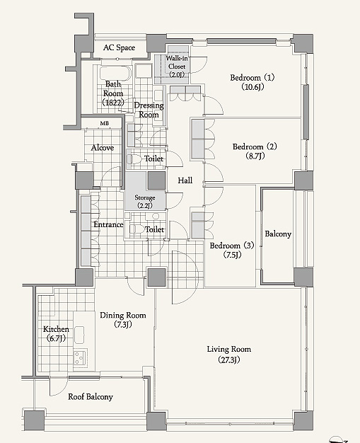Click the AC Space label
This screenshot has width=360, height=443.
pos(119,47)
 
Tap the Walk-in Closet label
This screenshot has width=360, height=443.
pos(177,67)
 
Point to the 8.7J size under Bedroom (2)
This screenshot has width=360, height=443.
pos(255,156)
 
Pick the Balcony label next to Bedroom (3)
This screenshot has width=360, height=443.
pos(278,234)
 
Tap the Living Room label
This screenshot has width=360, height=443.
pos(229,349)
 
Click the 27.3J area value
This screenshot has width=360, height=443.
pos(229,359)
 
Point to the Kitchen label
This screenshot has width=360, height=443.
pos(56,329)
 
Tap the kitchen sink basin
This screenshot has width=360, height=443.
pos(79,335)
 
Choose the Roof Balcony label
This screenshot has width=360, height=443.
pos(91,397)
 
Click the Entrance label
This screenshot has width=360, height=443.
pos(108,224)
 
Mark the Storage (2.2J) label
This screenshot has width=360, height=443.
pos(145,202)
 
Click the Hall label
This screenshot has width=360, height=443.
pos(185,180)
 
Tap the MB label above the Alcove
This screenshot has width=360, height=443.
pos(105,123)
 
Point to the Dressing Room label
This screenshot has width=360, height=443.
pos(149,110)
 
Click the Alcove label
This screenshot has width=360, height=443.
pos(103,148)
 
